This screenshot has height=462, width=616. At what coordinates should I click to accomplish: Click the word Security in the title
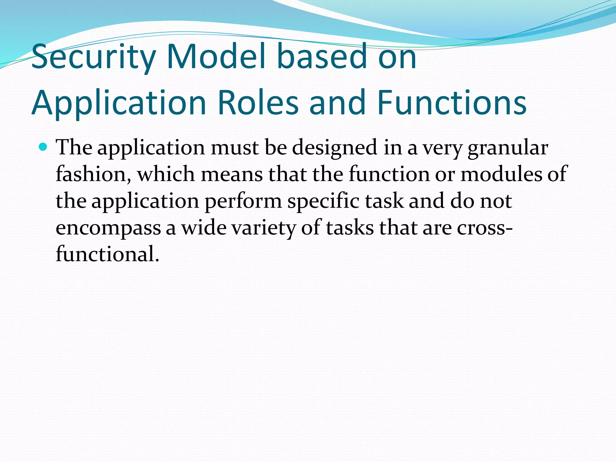93,57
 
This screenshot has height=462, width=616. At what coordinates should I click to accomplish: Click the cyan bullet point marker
44,147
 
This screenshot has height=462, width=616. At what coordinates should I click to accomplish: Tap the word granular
508,148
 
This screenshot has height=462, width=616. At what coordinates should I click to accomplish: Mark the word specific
323,201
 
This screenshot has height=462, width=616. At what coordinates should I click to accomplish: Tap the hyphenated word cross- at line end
485,228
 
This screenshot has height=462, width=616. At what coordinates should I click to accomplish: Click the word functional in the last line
107,254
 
